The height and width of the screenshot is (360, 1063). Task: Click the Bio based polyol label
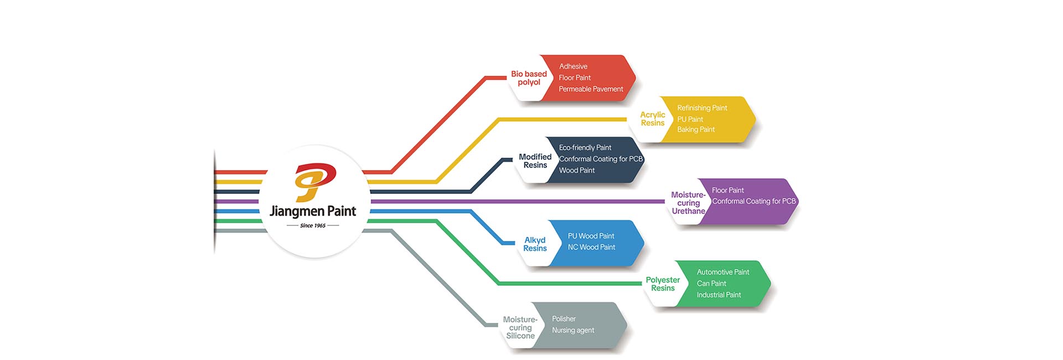click(x=529, y=78)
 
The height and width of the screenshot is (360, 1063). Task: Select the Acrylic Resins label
click(x=653, y=119)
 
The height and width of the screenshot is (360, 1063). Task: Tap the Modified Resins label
click(x=535, y=161)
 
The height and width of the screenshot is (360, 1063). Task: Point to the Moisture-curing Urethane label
click(x=688, y=203)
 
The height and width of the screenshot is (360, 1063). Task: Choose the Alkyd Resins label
click(x=535, y=244)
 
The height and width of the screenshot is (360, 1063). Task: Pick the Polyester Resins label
click(x=663, y=284)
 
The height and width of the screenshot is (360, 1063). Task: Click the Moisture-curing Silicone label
click(x=520, y=328)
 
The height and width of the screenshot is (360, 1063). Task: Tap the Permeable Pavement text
click(x=591, y=89)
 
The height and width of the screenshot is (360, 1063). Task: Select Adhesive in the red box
click(x=573, y=66)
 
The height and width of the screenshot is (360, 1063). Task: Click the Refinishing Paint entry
click(x=702, y=108)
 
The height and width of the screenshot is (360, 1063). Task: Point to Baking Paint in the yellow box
click(x=696, y=130)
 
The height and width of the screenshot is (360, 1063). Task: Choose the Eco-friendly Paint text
click(x=585, y=148)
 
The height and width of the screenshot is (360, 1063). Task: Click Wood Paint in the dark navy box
click(x=577, y=171)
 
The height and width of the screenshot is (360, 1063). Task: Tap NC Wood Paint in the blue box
click(x=591, y=248)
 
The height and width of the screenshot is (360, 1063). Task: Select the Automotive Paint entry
click(x=723, y=272)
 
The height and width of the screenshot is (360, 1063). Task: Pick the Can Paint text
click(x=711, y=284)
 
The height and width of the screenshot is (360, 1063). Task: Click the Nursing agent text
click(x=573, y=331)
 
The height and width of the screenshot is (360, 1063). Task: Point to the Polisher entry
click(x=564, y=319)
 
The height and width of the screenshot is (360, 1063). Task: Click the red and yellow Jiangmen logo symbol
click(x=314, y=182)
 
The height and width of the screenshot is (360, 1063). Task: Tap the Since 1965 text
click(x=313, y=226)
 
